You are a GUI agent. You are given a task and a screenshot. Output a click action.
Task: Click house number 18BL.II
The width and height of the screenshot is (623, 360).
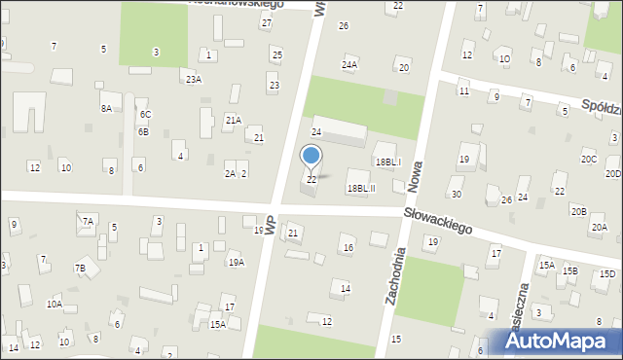coord(361,189)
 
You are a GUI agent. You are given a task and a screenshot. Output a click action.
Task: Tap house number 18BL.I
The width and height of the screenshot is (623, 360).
coord(387,162)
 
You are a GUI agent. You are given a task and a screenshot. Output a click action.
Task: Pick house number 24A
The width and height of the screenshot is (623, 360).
coord(349,64)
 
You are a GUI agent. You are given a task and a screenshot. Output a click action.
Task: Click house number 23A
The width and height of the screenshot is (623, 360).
coord(194,80)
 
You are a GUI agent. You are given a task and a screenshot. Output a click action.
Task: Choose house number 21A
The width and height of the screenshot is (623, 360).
coord(233,120)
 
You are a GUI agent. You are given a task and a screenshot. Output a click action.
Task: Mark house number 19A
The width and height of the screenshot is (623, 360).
coord(236,263)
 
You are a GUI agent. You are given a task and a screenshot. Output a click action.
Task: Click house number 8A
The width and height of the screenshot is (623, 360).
coord(105,109)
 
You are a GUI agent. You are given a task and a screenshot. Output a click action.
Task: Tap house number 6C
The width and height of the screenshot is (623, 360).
coord(144,115)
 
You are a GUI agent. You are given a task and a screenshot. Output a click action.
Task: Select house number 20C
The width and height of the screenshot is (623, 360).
coord(588,159)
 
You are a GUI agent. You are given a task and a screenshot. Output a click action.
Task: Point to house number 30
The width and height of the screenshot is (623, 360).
coord(456,195)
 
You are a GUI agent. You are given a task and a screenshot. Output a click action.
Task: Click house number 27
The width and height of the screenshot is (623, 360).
coord(266,22)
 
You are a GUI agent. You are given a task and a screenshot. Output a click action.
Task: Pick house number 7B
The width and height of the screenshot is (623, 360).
coord(80,268)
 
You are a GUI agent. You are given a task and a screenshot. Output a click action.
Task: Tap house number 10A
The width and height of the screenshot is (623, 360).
coord(54,305)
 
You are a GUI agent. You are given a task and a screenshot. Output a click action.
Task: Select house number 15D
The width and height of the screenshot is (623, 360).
coord(606,274)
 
